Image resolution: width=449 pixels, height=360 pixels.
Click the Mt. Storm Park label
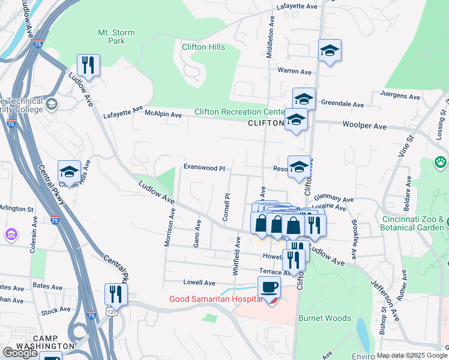tap(116, 37)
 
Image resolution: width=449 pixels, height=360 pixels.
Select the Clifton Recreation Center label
tap(240, 112)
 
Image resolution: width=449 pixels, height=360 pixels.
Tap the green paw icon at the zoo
tap(441, 163)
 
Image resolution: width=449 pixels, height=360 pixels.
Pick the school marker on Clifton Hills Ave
tap(69, 172)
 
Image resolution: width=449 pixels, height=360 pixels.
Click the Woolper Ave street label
tap(364, 127)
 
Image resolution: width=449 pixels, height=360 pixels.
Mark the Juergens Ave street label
tap(400, 96)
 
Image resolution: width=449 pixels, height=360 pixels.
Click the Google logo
tap(20, 353)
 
